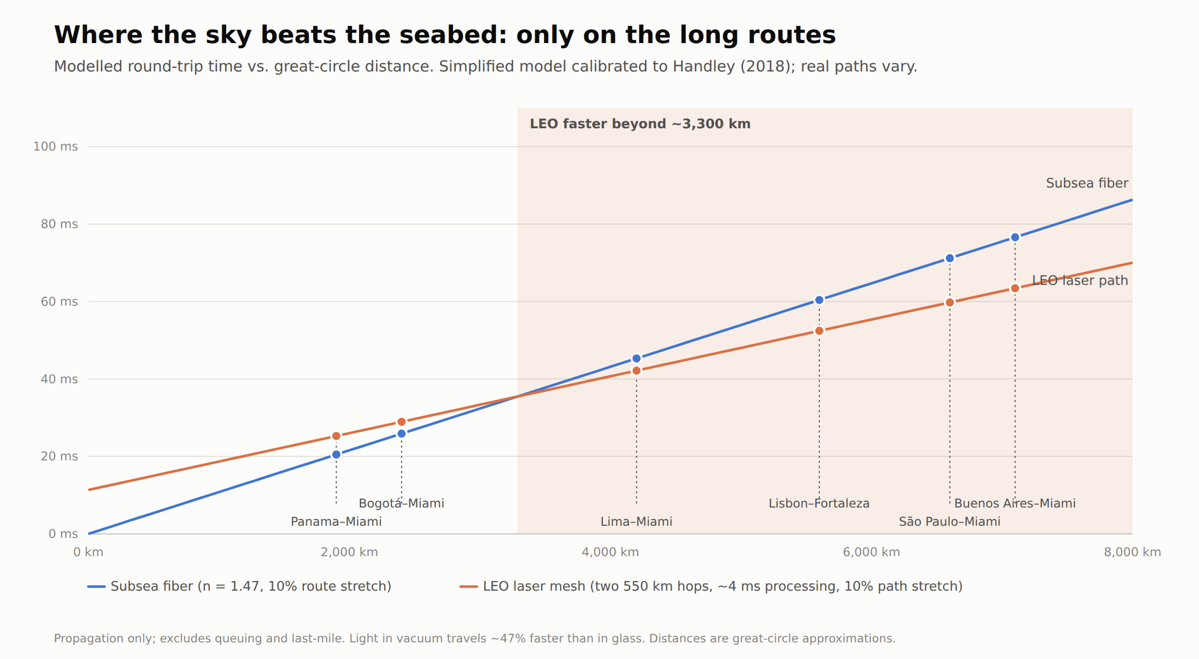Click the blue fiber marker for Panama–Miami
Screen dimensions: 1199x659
coord(336,455)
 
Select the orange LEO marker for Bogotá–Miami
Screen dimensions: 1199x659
coord(401,422)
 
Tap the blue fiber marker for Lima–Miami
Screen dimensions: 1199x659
coord(636,358)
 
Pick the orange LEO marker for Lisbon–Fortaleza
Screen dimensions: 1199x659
coord(819,331)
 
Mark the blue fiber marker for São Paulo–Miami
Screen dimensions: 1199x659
coord(949,258)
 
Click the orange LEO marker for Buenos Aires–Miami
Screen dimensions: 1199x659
coord(1015,288)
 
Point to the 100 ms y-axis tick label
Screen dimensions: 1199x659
coord(55,147)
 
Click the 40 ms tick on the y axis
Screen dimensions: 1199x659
coord(59,379)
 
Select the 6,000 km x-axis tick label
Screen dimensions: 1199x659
coord(871,552)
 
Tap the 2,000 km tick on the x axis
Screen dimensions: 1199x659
coord(349,552)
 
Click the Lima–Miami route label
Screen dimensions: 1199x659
coord(636,522)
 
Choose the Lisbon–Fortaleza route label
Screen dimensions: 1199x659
coord(819,503)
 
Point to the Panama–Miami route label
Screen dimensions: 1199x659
coord(336,522)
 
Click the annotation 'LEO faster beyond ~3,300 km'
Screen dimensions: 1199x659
coord(640,124)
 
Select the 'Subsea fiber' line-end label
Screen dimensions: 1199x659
coord(1087,183)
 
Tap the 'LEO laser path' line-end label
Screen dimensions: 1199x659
coord(1080,280)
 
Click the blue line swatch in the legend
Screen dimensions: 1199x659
coord(96,586)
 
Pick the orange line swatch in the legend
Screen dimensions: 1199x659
coord(469,586)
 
